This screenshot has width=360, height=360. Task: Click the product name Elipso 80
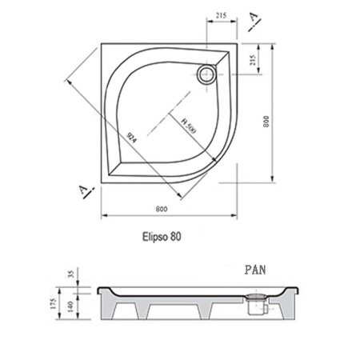(158, 237)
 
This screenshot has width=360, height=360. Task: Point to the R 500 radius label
(187, 126)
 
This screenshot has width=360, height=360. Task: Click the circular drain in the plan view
(207, 74)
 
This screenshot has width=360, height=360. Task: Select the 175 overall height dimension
(54, 305)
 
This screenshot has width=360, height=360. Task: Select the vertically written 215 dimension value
(253, 61)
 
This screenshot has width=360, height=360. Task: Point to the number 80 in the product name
(174, 237)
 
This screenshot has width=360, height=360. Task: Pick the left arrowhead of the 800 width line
(102, 215)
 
